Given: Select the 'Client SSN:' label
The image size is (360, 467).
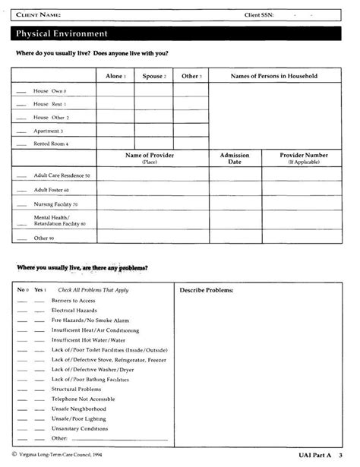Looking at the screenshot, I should coord(263,14).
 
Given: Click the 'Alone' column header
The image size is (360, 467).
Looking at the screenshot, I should coord(115,76).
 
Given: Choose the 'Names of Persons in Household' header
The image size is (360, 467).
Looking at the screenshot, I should coord(273,76).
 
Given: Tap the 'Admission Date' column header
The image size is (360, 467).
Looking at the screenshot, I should coord(235,158).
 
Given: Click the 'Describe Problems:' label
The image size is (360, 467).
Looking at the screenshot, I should coord(205,290).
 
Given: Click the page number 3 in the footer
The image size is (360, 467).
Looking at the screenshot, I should coord(341,454).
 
